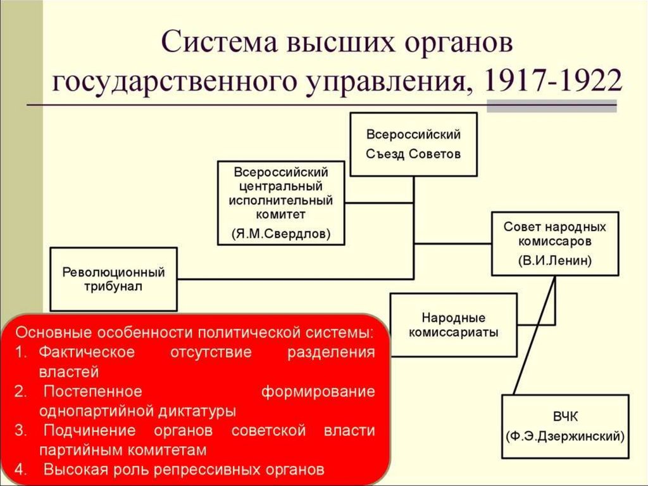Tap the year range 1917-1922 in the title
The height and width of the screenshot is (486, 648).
pos(552,82)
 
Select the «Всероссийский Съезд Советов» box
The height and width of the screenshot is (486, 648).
pos(413,144)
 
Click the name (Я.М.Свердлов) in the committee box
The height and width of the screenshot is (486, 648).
pos(280,233)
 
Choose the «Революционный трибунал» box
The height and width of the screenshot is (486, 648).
pos(113,279)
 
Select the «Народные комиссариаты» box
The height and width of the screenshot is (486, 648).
pos(453,324)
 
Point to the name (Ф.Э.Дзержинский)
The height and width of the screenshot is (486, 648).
pos(566,436)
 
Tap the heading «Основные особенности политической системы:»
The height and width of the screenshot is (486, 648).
pos(194,333)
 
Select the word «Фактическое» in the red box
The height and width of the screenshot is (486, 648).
pos(87,352)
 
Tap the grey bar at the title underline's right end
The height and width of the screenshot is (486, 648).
pos(551,106)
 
